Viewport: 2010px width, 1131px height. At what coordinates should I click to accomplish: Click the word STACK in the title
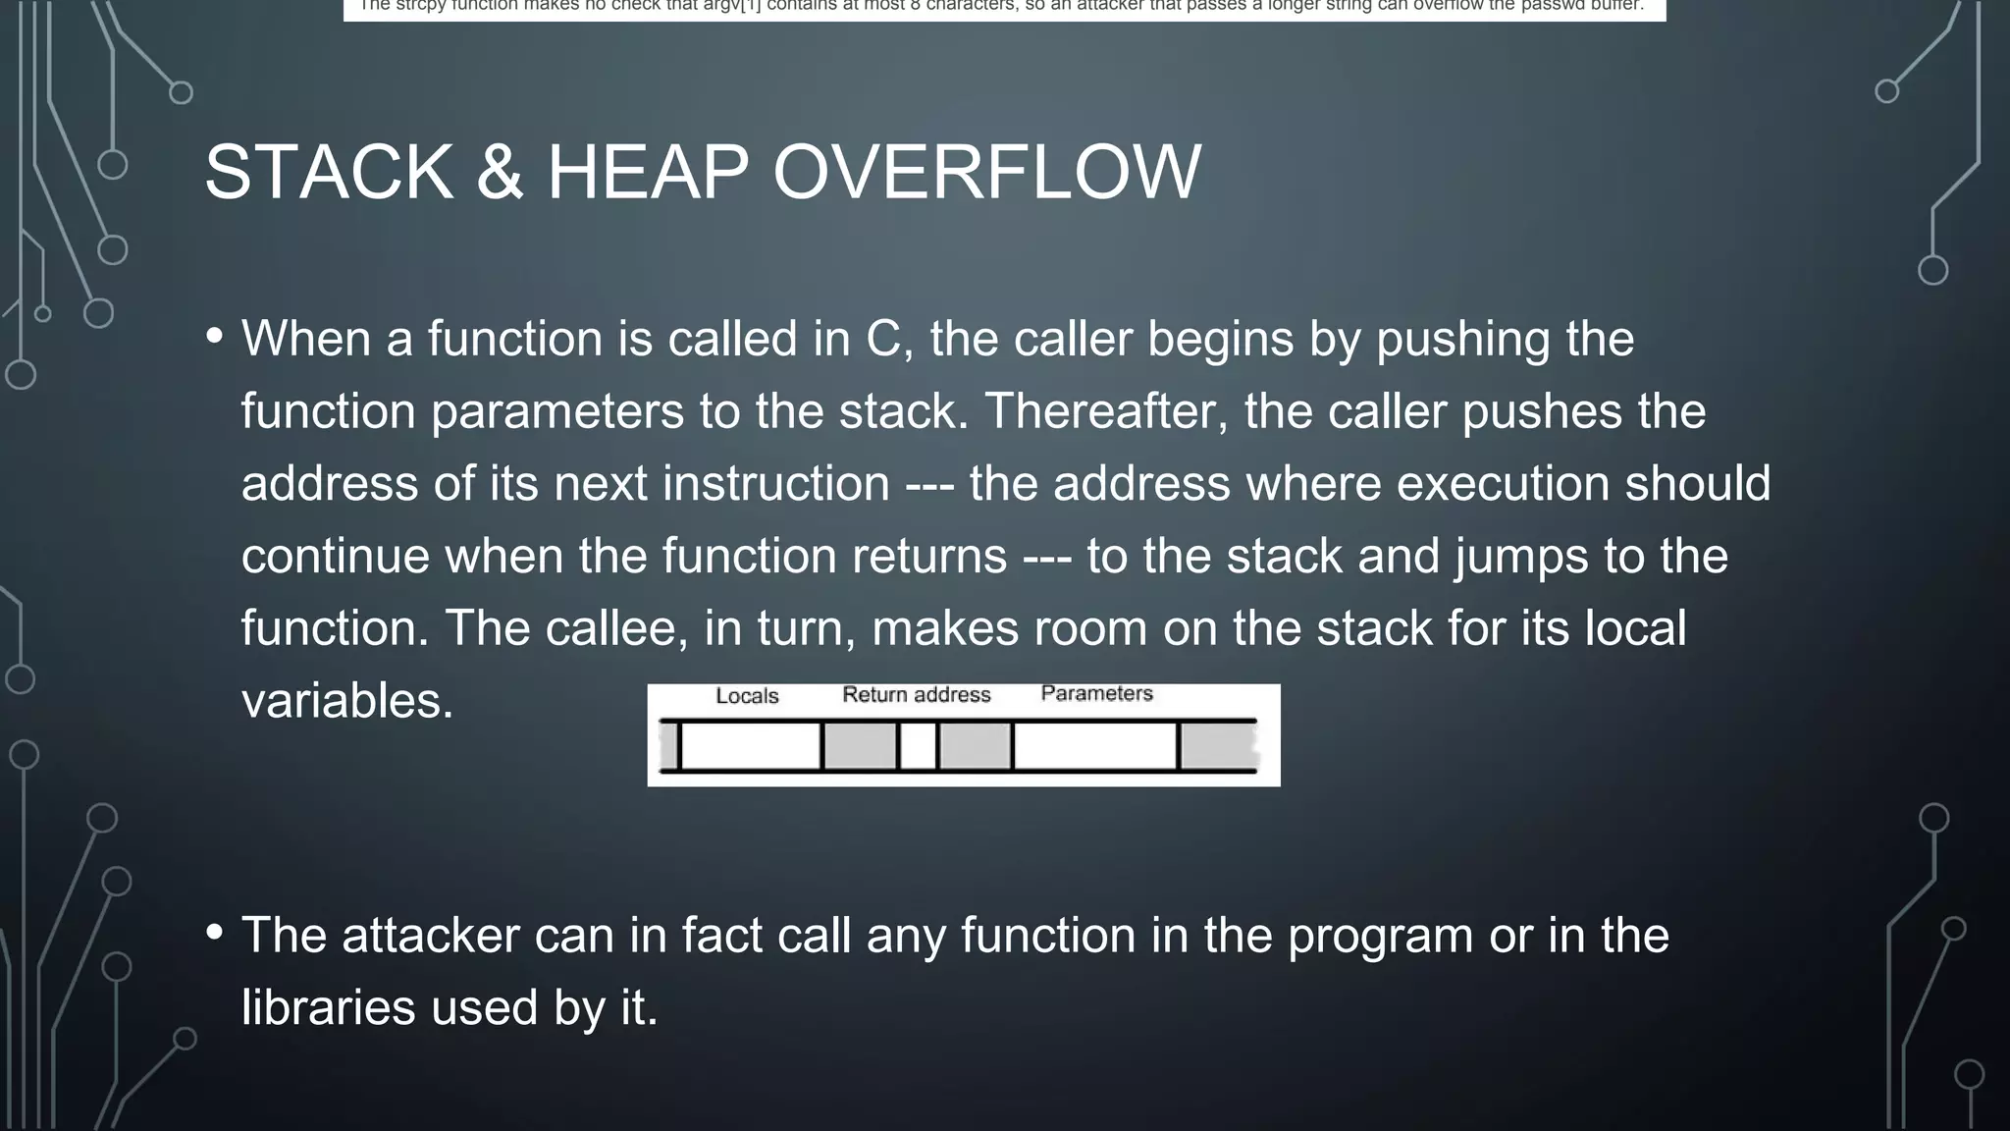coord(329,173)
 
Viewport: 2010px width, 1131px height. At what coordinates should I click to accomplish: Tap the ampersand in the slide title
coord(500,173)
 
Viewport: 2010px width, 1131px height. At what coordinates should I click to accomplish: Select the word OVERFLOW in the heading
coord(986,173)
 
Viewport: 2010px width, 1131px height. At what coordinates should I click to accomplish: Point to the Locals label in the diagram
coord(747,696)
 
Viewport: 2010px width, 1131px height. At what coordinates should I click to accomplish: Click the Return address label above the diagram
coord(917,695)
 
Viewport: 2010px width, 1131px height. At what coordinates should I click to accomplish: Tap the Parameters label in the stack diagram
coord(1096,693)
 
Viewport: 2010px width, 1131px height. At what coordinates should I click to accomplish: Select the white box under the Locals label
coord(750,746)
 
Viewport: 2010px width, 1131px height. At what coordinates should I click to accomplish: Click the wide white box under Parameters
coord(1095,746)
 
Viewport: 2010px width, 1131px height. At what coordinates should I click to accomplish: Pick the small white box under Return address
coord(918,746)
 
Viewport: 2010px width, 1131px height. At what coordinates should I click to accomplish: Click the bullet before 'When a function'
coord(215,336)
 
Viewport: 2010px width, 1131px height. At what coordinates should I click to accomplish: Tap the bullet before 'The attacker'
coord(215,932)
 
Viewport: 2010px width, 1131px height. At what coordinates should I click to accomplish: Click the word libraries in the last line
coord(329,1008)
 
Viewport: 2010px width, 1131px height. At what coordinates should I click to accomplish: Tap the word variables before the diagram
coord(347,702)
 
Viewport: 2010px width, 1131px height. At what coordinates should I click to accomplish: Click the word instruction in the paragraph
coord(775,484)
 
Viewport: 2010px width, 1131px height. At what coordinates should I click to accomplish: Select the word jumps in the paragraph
coord(1521,557)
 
